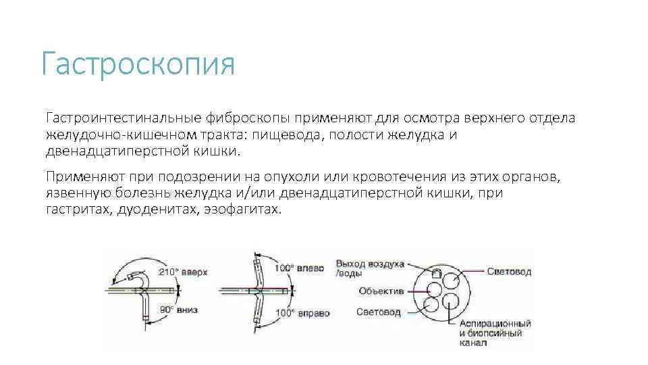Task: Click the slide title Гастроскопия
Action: click(x=138, y=66)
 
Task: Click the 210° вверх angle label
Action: click(x=183, y=272)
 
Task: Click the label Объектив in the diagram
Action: click(x=381, y=291)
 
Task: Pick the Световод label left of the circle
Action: click(x=379, y=312)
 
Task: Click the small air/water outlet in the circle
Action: click(x=437, y=274)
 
